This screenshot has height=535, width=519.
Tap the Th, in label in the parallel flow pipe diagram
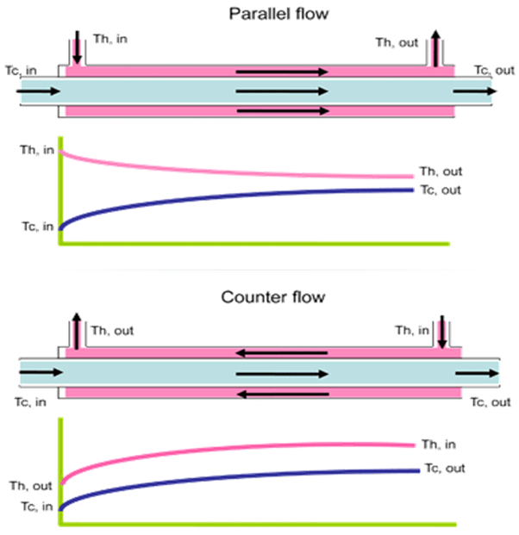[109, 40]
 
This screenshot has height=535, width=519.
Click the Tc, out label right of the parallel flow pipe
[495, 70]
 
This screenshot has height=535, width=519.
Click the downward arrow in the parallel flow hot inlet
[78, 47]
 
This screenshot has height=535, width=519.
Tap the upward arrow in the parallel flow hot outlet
[438, 47]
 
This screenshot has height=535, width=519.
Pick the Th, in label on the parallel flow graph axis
[37, 149]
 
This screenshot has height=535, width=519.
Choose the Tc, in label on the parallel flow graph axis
[37, 227]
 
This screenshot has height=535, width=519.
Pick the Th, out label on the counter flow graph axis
[30, 486]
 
